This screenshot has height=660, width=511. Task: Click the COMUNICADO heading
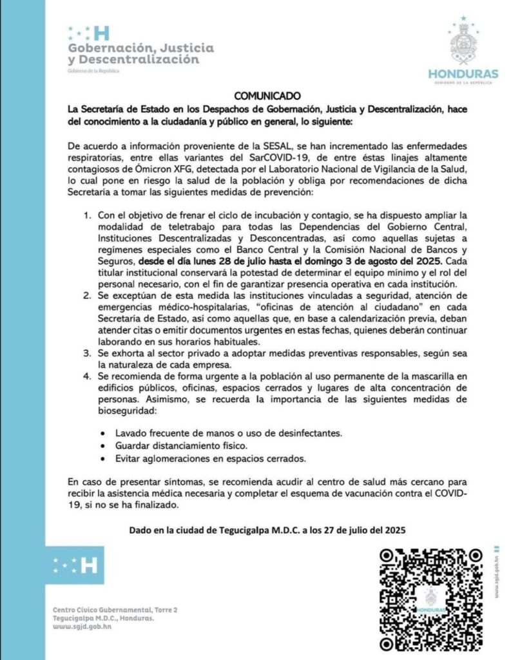point(264,95)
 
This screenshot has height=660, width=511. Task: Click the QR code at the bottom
point(430,599)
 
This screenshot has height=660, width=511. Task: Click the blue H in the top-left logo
point(102,34)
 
